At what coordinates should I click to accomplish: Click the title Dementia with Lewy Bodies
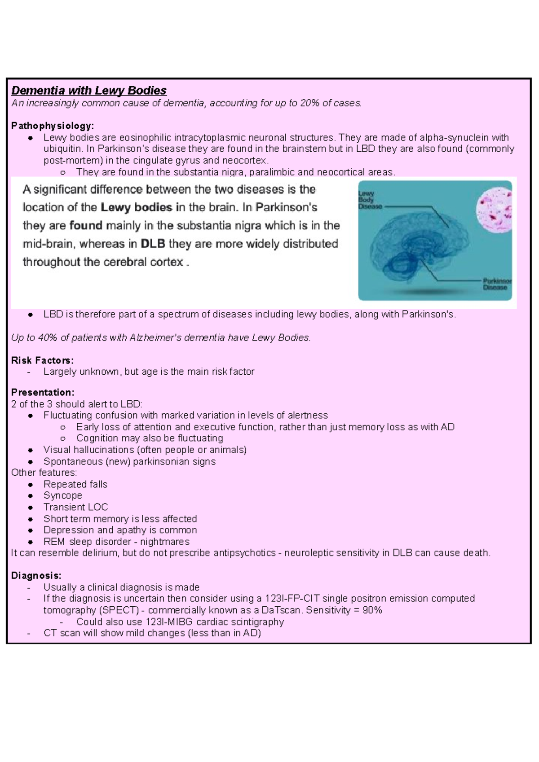[x=88, y=91]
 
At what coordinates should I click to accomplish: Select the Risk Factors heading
[x=42, y=360]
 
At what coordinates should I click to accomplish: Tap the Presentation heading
[x=43, y=392]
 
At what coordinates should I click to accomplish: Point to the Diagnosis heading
[x=36, y=575]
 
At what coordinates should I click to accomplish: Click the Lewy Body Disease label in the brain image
[x=370, y=200]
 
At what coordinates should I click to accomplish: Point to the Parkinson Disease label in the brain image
[x=497, y=284]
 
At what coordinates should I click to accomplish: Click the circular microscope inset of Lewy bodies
[x=494, y=209]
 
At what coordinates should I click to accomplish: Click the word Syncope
[x=63, y=495]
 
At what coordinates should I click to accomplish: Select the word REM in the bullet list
[x=54, y=542]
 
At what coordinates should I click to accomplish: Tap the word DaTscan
[x=284, y=610]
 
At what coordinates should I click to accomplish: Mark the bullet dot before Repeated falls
[x=30, y=485]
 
